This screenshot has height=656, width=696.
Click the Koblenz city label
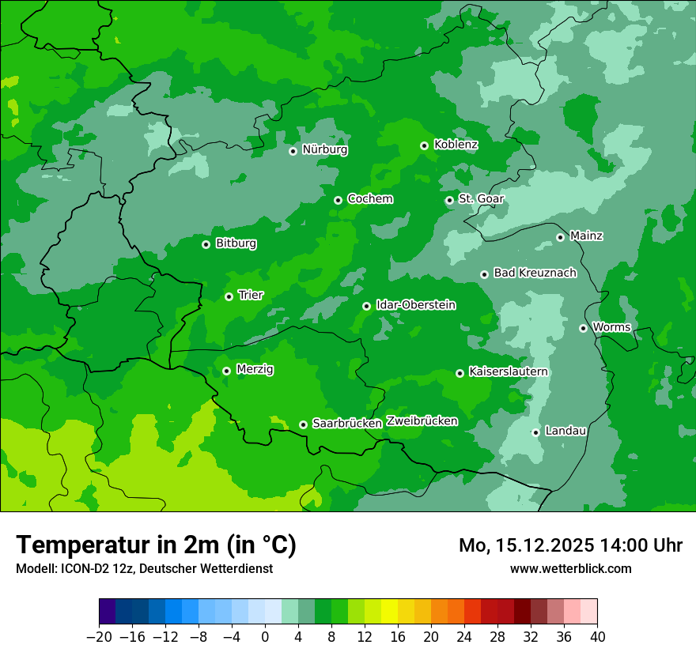coord(456,145)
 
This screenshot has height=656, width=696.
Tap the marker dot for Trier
coord(229,296)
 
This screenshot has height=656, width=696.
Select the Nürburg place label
coord(324,149)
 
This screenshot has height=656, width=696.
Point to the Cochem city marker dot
coord(338,200)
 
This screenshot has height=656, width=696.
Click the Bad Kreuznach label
coord(535,273)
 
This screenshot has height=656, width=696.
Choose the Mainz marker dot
coord(560,237)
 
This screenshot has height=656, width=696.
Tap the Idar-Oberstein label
coord(415,305)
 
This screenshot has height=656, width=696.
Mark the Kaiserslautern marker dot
coord(460,373)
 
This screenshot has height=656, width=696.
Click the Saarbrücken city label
coord(347,424)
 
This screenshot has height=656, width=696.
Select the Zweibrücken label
coord(422,421)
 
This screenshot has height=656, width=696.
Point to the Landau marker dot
coord(535,432)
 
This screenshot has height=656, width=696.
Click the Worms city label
coord(611,327)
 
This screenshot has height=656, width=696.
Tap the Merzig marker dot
coord(226,371)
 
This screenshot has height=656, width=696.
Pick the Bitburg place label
coord(236,243)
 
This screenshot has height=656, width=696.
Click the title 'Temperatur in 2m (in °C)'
coord(156,545)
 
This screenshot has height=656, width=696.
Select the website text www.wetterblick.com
coord(570,568)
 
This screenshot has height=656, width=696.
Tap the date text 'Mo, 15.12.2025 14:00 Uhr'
coord(570,545)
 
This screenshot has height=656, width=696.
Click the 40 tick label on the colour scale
coord(597,637)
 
